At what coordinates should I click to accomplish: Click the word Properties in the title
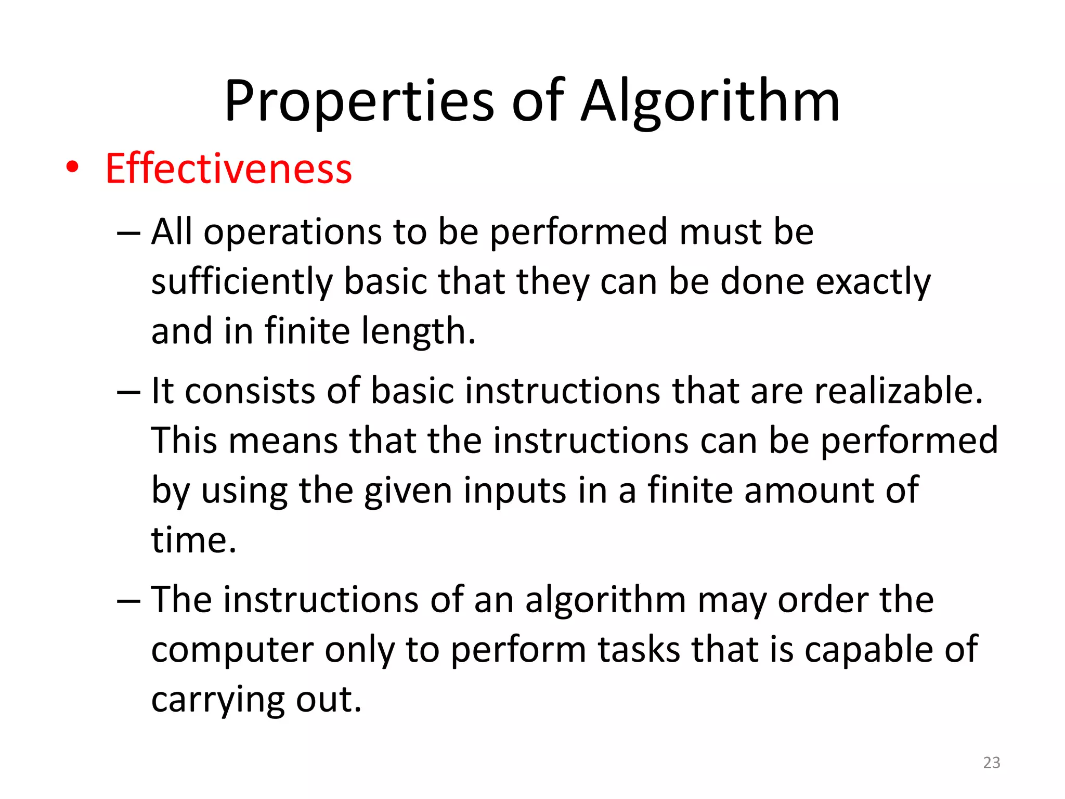(x=359, y=101)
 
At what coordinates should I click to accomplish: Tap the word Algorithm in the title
(x=710, y=101)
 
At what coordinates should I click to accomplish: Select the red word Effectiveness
(x=229, y=169)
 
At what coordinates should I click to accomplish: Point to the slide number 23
(x=992, y=763)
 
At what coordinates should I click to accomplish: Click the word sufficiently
(x=242, y=282)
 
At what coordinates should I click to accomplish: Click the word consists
(x=250, y=391)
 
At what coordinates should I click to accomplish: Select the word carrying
(x=217, y=700)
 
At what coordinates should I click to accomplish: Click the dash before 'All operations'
(x=128, y=233)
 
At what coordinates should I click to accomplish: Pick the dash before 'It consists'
(x=128, y=392)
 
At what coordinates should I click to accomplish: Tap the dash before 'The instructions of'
(x=128, y=601)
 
